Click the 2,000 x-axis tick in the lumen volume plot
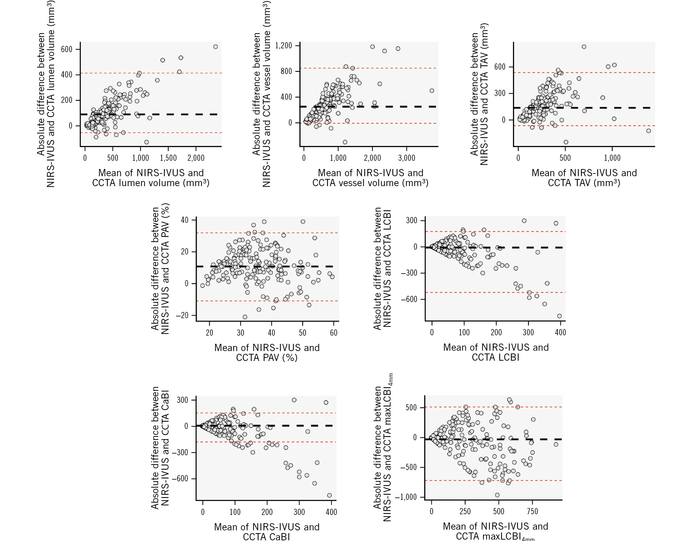click(x=196, y=158)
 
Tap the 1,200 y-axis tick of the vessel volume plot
click(x=283, y=46)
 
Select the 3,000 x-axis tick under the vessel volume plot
click(x=407, y=158)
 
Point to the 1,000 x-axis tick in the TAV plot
click(x=612, y=158)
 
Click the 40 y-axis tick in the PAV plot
click(x=185, y=220)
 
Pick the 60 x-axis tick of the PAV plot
click(x=333, y=333)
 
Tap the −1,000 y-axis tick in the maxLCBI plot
click(x=405, y=497)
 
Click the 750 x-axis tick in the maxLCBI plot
click(x=532, y=512)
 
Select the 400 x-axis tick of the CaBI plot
click(x=331, y=512)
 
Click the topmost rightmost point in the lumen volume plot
click(x=216, y=47)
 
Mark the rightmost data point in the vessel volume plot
click(x=432, y=91)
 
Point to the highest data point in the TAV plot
click(x=584, y=47)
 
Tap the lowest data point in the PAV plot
click(x=245, y=317)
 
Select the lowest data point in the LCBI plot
click(x=560, y=316)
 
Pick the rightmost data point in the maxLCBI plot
click(x=556, y=444)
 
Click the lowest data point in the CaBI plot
click(x=329, y=495)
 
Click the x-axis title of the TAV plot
click(x=584, y=178)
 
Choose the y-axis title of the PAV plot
click(x=160, y=269)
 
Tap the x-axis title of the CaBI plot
click(x=267, y=531)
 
